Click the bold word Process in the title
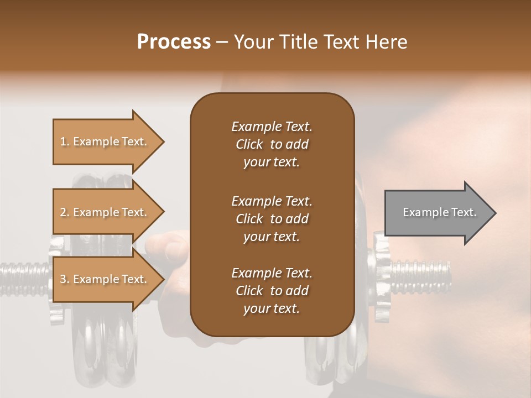coord(174,42)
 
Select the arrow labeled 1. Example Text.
coord(105,142)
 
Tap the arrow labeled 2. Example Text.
coord(105,212)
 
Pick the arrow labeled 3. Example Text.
coord(105,279)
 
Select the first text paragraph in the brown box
coord(272,144)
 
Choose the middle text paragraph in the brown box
coord(272,219)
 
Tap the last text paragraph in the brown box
coord(272,291)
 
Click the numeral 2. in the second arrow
coord(65,212)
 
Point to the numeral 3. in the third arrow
coord(65,279)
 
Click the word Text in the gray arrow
coord(464,212)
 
